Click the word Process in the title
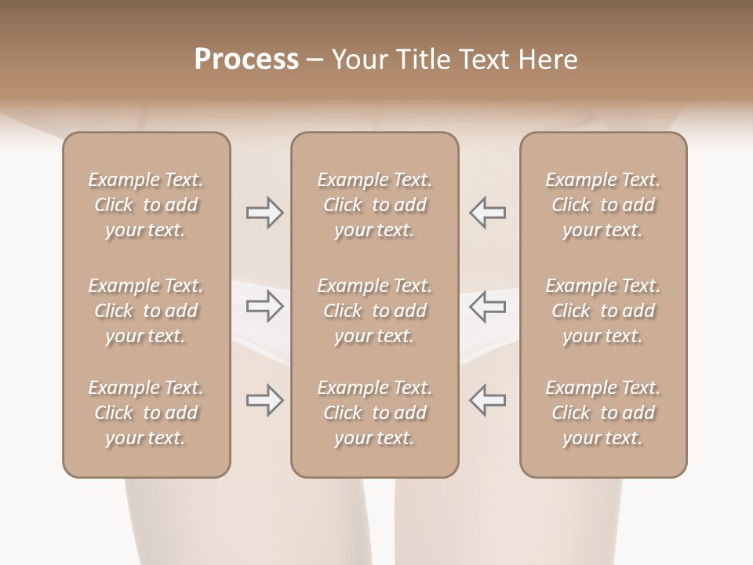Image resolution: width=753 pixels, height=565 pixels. (x=246, y=60)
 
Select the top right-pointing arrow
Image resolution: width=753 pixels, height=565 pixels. (x=264, y=213)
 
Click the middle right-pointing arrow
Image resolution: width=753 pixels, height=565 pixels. (x=264, y=306)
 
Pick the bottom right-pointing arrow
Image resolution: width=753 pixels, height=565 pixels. (x=264, y=400)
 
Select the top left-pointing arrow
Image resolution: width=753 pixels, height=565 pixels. (x=487, y=213)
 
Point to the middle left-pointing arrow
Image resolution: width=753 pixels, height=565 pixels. (x=487, y=306)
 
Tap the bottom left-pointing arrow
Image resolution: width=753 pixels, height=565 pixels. (x=487, y=400)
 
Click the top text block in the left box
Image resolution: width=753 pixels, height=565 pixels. (x=146, y=205)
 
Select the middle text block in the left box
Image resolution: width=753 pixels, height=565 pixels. (x=146, y=311)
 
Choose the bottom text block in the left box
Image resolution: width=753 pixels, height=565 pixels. (x=146, y=413)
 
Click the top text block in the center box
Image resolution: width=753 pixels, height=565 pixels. (x=374, y=205)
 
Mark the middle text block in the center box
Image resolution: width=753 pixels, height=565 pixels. (x=374, y=311)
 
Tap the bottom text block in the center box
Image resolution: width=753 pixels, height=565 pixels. (x=374, y=413)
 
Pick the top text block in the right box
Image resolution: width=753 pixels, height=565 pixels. (x=603, y=205)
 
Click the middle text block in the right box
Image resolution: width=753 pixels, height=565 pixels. (x=603, y=311)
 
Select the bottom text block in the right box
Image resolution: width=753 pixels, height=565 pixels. (x=603, y=413)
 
